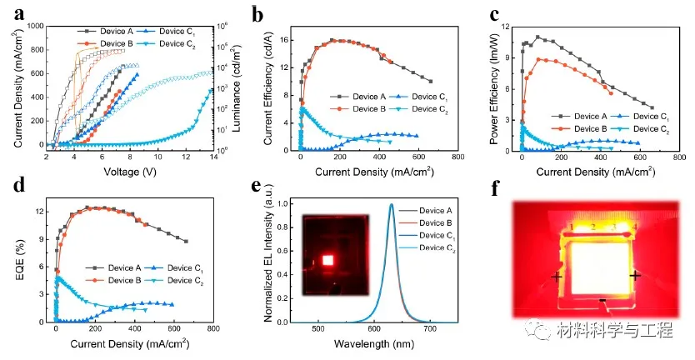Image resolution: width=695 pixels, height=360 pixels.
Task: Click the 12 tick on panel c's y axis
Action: pos(505,27)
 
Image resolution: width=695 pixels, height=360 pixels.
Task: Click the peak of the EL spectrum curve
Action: pos(391,203)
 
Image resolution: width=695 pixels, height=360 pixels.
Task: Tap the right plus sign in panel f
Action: pos(635,275)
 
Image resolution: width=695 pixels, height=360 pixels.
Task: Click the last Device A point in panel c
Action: pos(651,107)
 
